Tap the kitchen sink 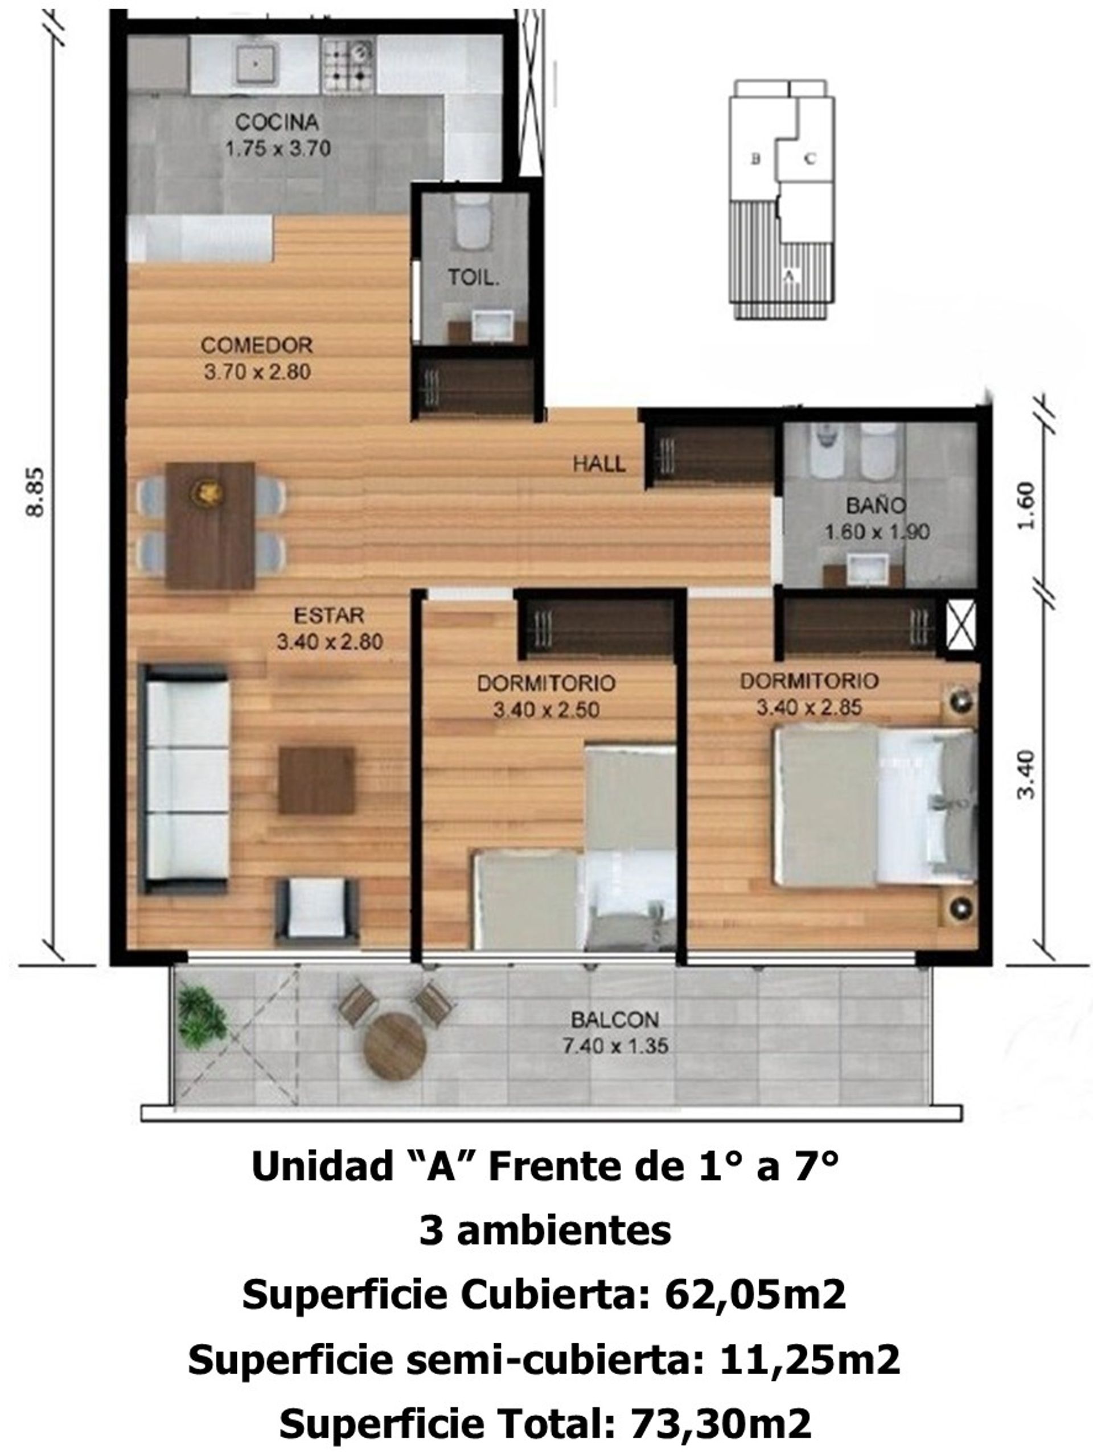(x=256, y=63)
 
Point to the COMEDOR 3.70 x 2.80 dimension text (x=257, y=372)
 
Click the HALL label (x=598, y=464)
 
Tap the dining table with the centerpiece (x=210, y=525)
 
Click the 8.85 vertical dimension (x=35, y=492)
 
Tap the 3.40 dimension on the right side (x=1026, y=774)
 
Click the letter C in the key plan (x=811, y=159)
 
